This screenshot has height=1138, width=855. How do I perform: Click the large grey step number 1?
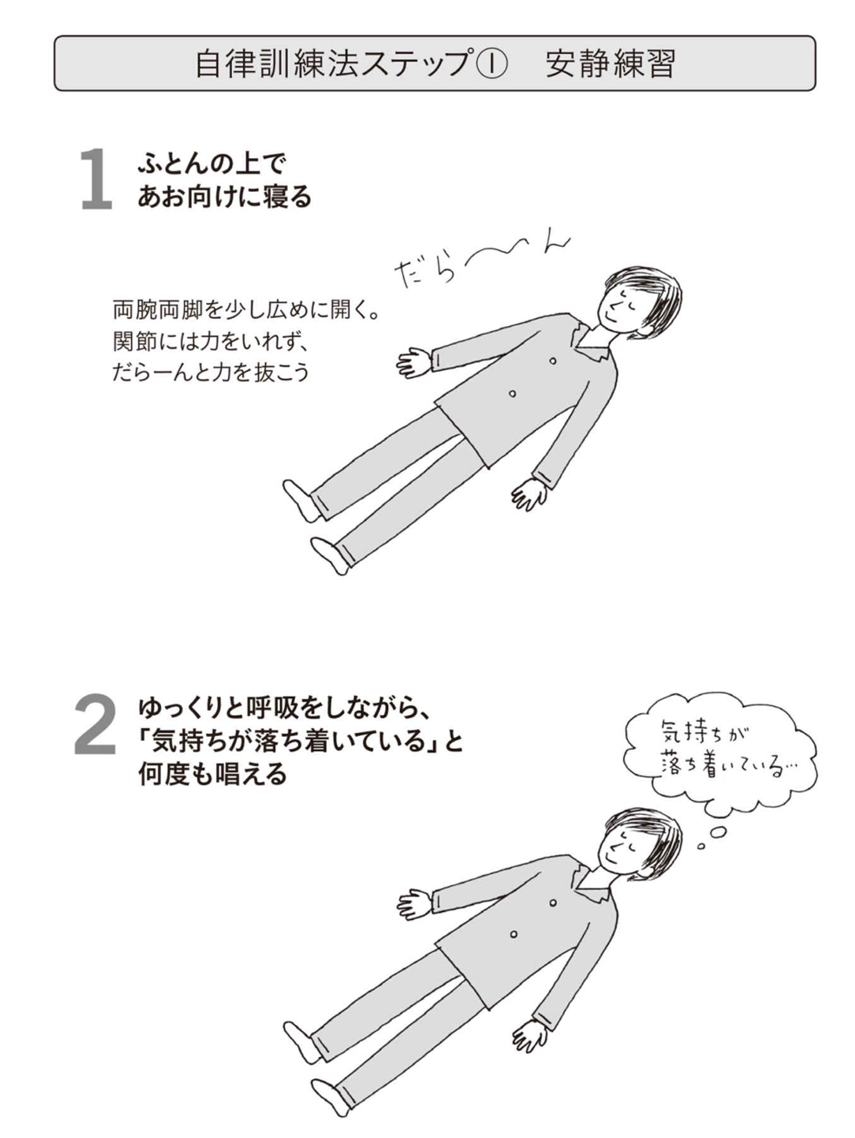coord(97,179)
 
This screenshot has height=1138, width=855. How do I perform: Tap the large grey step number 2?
coord(95,724)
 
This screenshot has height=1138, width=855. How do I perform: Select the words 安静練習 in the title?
coord(611,63)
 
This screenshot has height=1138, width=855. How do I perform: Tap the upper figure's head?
coord(639,304)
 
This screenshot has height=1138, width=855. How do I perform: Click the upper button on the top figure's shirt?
coord(553,361)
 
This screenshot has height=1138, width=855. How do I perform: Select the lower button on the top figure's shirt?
coord(513,394)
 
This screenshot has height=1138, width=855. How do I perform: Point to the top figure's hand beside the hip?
coord(530,494)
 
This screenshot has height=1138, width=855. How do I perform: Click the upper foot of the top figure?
coord(302,500)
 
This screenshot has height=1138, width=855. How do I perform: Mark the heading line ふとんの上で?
coord(212,164)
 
